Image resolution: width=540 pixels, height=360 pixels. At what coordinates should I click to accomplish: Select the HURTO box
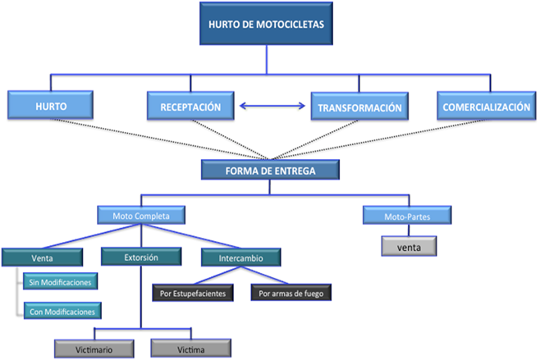pyautogui.click(x=50, y=107)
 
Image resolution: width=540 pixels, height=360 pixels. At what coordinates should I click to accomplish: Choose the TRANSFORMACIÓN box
pyautogui.click(x=359, y=107)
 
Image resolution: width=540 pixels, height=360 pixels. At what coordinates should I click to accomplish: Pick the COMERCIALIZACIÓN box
pyautogui.click(x=485, y=107)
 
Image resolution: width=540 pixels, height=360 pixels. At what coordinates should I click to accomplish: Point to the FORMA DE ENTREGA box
pyautogui.click(x=269, y=171)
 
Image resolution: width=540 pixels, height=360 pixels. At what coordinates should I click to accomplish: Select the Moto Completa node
pyautogui.click(x=141, y=216)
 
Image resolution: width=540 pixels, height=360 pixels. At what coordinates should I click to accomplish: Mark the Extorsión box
pyautogui.click(x=141, y=257)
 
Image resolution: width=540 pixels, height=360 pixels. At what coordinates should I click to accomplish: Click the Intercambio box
pyautogui.click(x=240, y=257)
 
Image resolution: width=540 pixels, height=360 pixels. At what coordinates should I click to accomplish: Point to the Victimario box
pyautogui.click(x=94, y=348)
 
